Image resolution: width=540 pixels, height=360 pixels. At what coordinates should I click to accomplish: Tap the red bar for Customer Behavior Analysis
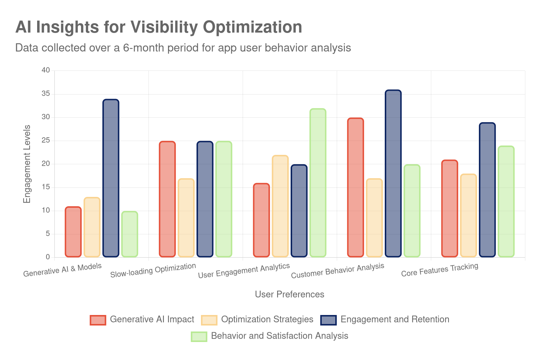355,187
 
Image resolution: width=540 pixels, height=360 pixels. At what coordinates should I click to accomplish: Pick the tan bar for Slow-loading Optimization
186,218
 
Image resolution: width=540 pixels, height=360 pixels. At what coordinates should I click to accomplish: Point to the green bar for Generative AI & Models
130,234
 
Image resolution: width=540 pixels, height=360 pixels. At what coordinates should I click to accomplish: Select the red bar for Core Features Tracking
450,208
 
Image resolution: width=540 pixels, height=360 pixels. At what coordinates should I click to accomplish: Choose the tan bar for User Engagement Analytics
280,206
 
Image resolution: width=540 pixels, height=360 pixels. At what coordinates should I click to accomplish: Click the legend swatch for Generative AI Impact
98,320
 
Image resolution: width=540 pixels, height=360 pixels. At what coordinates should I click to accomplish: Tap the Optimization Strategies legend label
267,319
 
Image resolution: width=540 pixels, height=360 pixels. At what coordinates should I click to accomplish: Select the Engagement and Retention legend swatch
329,320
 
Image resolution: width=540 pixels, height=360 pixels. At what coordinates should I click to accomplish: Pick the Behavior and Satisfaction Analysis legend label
279,336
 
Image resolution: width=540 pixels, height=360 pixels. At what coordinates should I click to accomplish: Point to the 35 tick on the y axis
46,94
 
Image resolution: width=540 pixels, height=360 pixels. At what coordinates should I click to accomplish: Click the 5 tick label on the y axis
48,234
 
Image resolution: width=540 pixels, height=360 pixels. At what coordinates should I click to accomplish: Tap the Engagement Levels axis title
27,164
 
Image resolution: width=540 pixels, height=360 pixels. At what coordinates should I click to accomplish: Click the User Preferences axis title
289,295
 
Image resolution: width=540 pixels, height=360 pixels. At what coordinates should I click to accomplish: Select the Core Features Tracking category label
439,270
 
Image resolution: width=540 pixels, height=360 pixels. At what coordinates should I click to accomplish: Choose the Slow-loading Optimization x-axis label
153,270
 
